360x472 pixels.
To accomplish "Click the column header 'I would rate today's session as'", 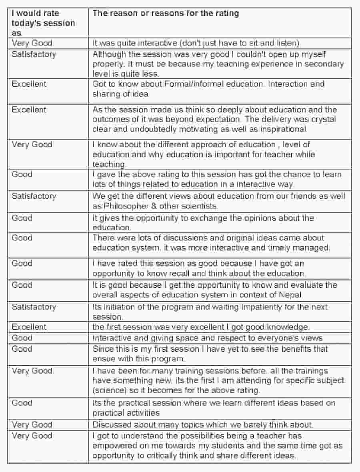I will pos(43,23).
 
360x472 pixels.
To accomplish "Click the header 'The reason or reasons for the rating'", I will pos(166,13).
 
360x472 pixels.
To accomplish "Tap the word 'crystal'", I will pos(323,119).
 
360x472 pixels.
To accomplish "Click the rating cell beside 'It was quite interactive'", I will pos(32,43).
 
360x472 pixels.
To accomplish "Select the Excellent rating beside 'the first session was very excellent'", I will pos(29,327).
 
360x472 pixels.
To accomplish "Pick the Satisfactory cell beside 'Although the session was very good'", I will pos(34,54).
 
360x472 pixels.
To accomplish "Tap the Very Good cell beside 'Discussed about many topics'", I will pos(32,424).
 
